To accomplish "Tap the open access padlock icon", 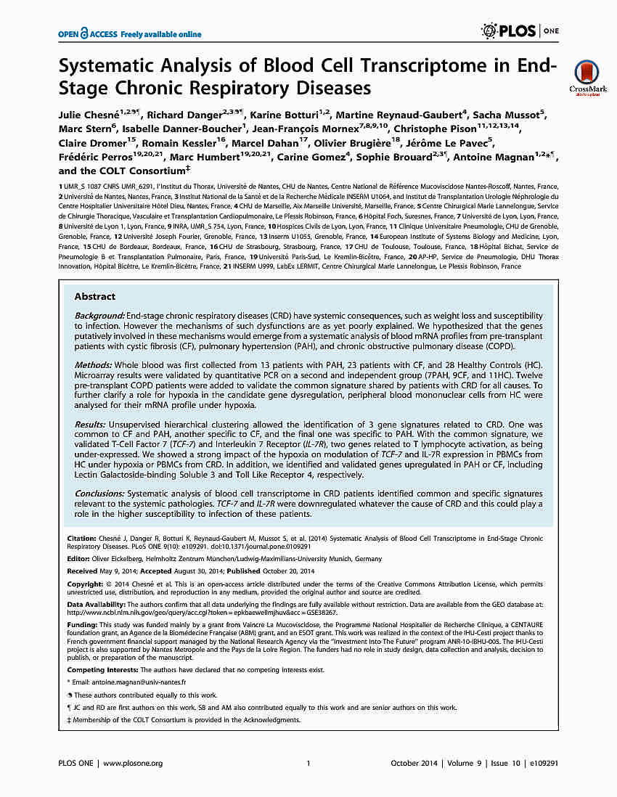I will point(85,33).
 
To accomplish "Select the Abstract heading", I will point(94,296).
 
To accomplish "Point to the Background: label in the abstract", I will point(99,316).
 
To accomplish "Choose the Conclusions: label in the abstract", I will point(100,493).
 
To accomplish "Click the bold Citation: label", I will point(81,539).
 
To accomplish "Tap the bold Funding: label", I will point(82,624).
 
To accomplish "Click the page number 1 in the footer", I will point(308,763).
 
